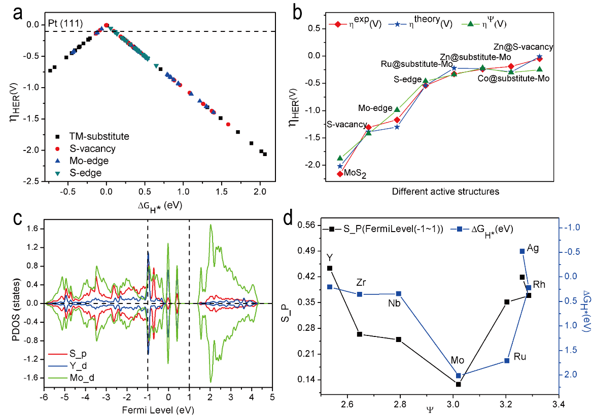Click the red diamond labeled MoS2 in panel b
coord(339,174)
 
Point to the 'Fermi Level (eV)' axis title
coord(159,409)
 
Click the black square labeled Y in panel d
coord(330,268)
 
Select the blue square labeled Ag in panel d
coord(522,251)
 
